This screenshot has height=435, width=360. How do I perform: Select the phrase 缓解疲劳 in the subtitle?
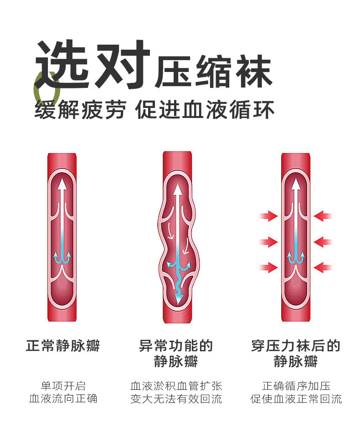(x=80, y=110)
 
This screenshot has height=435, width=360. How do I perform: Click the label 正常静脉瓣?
(x=63, y=346)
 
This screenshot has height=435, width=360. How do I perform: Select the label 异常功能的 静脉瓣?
(x=176, y=353)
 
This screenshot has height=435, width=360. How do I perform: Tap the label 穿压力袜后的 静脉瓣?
(x=296, y=353)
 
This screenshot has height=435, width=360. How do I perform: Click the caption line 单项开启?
(x=63, y=386)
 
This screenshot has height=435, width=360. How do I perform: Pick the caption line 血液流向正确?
(x=63, y=399)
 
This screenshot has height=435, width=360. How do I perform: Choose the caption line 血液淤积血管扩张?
(x=176, y=386)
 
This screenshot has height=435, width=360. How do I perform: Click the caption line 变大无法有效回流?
(x=176, y=399)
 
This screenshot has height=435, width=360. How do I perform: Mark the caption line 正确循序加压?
(x=296, y=386)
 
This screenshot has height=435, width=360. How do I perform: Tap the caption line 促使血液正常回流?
(x=296, y=399)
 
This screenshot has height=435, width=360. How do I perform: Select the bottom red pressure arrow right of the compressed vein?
(x=323, y=267)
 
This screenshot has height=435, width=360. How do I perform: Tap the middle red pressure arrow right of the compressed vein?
(x=323, y=241)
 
